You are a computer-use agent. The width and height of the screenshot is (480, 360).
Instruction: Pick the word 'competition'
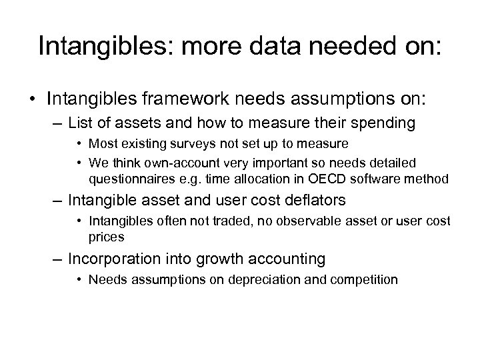pos(367,279)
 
